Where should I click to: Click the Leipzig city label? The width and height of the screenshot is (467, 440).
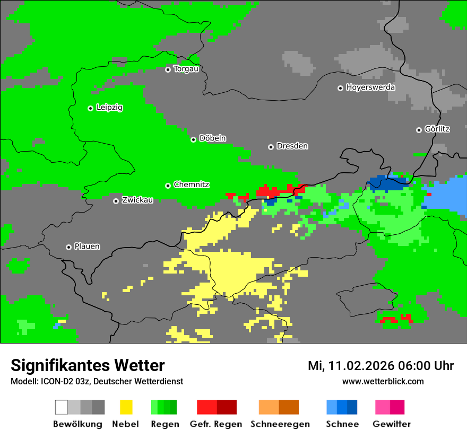pos(109,108)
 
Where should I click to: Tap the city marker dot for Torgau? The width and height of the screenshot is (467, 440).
pos(168,69)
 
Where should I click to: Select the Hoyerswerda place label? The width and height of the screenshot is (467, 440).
pos(370,87)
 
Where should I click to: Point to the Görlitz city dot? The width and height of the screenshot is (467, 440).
pos(419,130)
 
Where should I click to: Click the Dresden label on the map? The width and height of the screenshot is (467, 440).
pos(292,146)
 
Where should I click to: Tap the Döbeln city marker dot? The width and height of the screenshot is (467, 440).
pos(193,139)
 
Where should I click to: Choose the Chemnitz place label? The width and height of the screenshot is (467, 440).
pos(192,185)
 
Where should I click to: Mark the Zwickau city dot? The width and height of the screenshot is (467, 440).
pos(116,201)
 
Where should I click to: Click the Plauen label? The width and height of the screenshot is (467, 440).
pos(87,247)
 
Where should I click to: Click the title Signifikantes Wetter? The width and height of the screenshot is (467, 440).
pos(88,365)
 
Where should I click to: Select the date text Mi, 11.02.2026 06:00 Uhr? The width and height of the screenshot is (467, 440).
pos(380,366)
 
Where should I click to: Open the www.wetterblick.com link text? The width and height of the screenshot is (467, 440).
pos(383,381)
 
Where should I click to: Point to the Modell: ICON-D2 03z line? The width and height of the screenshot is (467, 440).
pos(97,381)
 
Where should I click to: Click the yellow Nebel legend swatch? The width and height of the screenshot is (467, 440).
pos(126,407)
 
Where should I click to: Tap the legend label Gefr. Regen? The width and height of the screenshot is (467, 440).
pos(216,424)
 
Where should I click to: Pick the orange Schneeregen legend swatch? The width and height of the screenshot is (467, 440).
pos(279,407)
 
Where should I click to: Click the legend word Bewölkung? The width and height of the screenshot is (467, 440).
pos(77,424)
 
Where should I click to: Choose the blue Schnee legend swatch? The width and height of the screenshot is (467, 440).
pos(341,407)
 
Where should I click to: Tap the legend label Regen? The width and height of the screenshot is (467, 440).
pos(164,424)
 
